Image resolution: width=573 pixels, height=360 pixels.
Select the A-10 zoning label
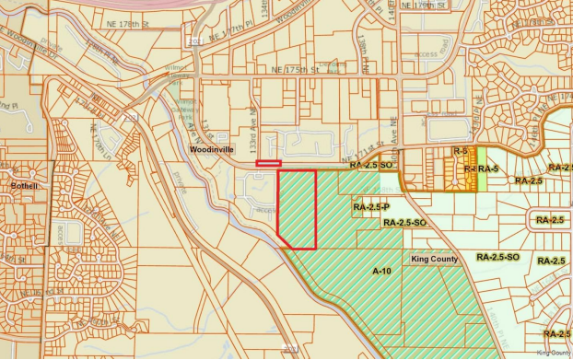click(x=382, y=272)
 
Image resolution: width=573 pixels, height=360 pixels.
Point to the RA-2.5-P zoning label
click(x=370, y=208)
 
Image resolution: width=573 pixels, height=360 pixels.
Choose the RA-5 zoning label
click(x=486, y=169)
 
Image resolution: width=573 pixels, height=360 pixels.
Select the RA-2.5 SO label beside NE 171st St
click(x=372, y=166)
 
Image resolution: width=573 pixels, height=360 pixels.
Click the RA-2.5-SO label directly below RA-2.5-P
click(x=404, y=223)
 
